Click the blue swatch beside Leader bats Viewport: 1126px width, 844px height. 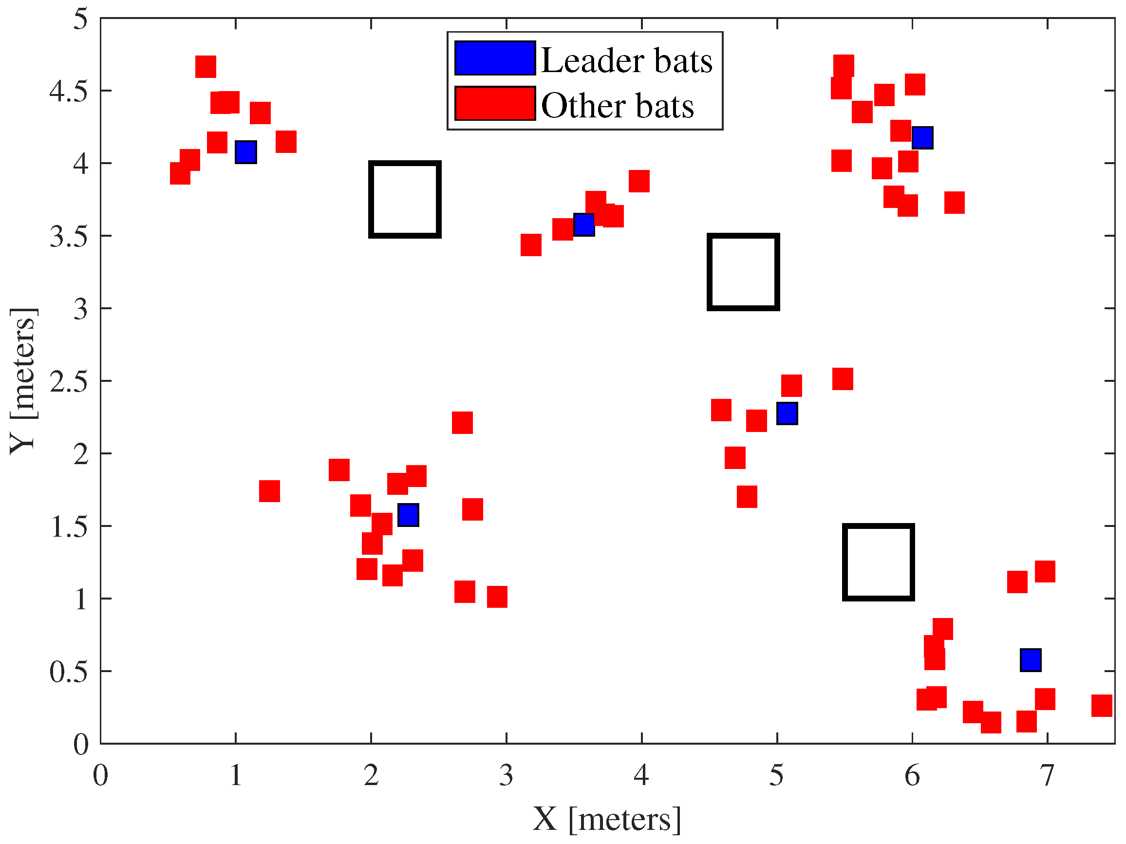click(x=495, y=58)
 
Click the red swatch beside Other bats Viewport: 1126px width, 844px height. click(x=495, y=103)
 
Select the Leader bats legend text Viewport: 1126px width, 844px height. click(x=626, y=60)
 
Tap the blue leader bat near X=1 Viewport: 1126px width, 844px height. click(x=246, y=152)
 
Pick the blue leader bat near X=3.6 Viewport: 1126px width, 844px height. click(x=584, y=225)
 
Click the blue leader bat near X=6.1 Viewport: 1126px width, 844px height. click(x=922, y=137)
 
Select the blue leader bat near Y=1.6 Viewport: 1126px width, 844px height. click(x=408, y=515)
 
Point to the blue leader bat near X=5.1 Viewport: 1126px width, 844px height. click(x=787, y=413)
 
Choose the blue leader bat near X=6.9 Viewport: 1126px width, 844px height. click(x=1031, y=660)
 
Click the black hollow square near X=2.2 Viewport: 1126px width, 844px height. click(x=405, y=200)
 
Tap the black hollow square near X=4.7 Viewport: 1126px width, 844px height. click(x=743, y=272)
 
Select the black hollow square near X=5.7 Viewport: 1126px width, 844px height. click(x=879, y=562)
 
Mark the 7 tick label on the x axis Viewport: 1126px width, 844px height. click(x=1047, y=775)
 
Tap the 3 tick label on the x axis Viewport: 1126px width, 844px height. click(x=506, y=775)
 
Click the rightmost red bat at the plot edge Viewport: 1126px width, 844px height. click(x=1102, y=706)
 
